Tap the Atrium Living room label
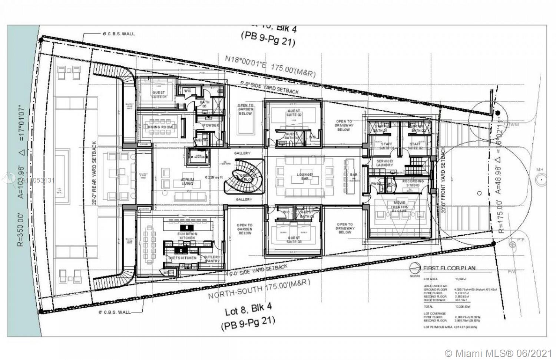coord(187,181)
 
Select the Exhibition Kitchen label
coord(187,236)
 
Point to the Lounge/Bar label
coord(305,176)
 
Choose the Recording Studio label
coord(413,183)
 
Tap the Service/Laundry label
coord(384,163)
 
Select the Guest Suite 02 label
coord(294,113)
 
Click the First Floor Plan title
coord(449,268)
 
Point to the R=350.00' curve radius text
coord(20,230)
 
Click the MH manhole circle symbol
coord(541,180)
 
